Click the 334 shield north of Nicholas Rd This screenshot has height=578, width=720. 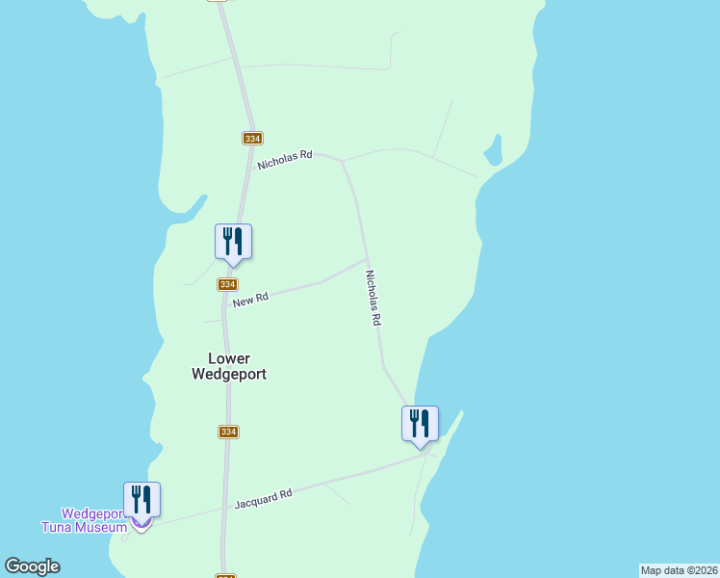pos(252,139)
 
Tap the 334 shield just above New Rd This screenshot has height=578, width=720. pos(227,284)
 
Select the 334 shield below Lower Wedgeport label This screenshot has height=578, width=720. pos(227,432)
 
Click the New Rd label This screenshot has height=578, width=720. pos(249,301)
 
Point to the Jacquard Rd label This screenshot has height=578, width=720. pos(263,499)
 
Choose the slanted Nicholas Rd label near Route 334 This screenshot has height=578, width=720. pos(285,159)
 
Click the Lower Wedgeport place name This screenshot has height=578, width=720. pos(228,366)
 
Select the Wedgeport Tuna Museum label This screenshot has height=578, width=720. pos(85,520)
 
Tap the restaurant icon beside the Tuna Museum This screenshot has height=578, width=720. pos(141,500)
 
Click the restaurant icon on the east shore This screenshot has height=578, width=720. pos(420,423)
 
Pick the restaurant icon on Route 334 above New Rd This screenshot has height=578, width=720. pos(233,241)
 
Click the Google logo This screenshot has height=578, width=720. pos(33,566)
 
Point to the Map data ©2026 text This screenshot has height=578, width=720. pos(679,570)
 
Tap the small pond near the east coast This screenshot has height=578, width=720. pos(493,151)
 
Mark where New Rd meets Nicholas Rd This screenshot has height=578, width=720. pos(368,258)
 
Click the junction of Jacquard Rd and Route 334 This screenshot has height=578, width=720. pos(225,508)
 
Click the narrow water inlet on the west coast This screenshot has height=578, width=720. pos(189,208)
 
